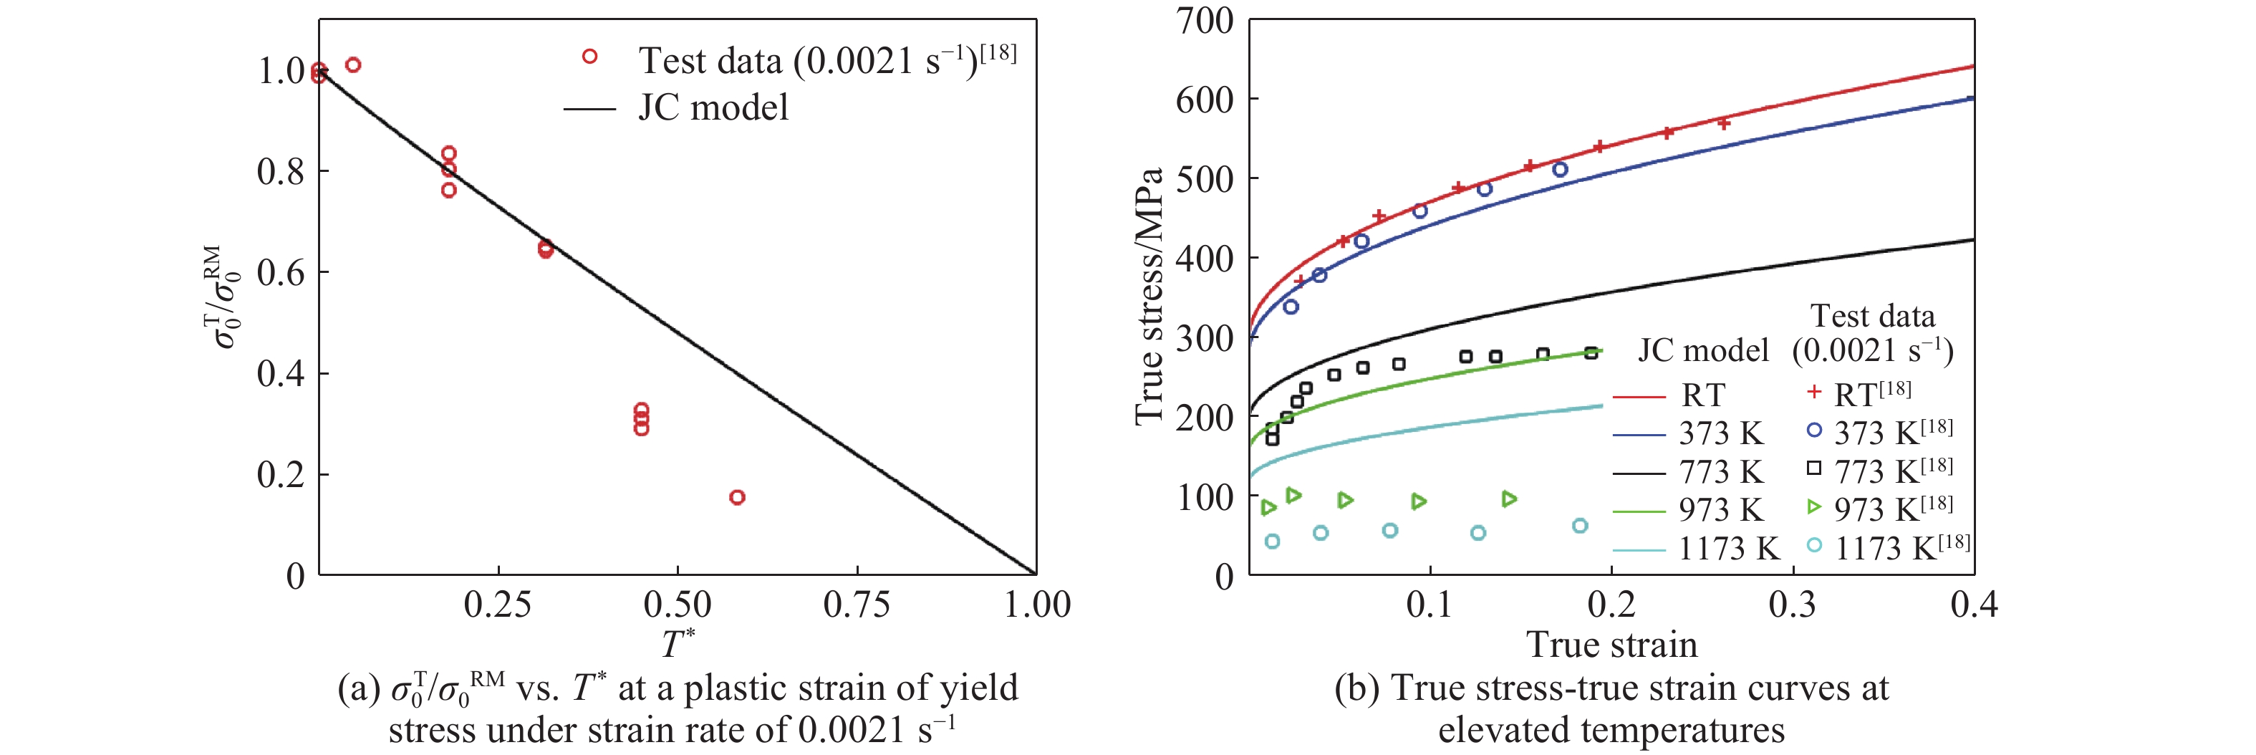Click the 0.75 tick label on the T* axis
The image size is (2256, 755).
tap(856, 605)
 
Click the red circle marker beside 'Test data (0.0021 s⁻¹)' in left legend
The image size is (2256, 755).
tap(589, 57)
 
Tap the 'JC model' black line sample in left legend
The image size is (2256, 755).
tap(589, 110)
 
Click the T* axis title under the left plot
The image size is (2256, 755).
tap(677, 645)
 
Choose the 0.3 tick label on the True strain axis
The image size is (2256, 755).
tap(1792, 605)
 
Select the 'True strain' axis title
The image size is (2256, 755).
tap(1611, 645)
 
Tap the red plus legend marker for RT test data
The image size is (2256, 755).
tap(1813, 393)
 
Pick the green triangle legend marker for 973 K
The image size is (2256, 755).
tap(1813, 507)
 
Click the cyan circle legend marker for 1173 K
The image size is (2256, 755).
tap(1813, 546)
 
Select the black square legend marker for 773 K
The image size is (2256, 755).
tap(1813, 468)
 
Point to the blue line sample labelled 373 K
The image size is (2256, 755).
tap(1638, 433)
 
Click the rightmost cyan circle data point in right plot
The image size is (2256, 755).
tap(1579, 526)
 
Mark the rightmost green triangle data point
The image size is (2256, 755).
tap(1508, 499)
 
